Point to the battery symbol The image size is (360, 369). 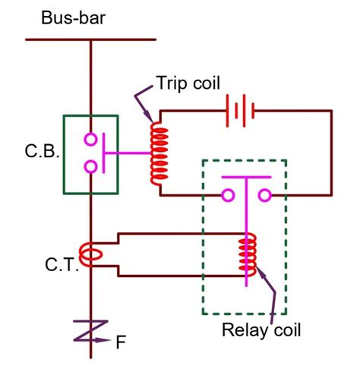click(242, 111)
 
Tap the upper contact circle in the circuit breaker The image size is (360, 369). click(90, 140)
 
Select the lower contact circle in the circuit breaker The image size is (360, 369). click(90, 166)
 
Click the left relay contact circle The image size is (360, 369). click(227, 196)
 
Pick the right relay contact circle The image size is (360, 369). click(265, 196)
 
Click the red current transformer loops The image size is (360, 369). click(90, 254)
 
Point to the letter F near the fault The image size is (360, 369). click(121, 341)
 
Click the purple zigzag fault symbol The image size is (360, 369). click(90, 333)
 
